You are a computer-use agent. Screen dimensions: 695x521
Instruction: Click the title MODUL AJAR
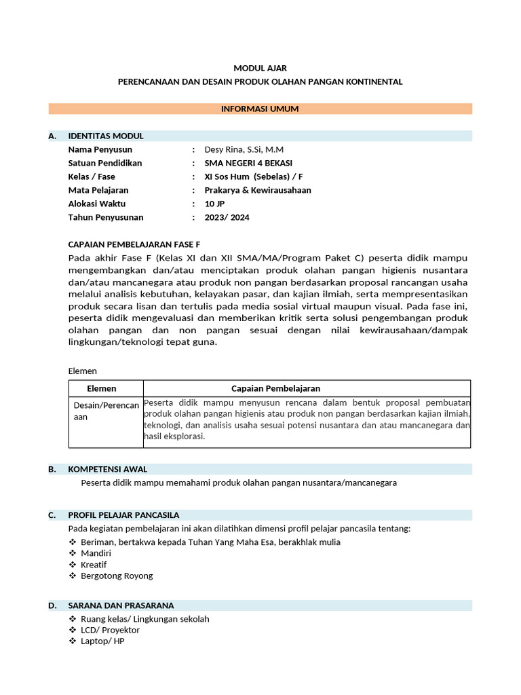(260, 68)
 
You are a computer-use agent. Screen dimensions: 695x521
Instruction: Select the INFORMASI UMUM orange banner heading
(260, 109)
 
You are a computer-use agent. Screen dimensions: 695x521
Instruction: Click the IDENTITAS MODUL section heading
(106, 136)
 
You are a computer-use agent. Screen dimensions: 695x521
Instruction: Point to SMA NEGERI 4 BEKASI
(248, 163)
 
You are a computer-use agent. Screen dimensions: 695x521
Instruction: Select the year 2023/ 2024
(227, 217)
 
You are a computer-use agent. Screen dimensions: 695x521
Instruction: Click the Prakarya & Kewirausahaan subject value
(258, 190)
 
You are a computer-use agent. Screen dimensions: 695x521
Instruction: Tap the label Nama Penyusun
(100, 149)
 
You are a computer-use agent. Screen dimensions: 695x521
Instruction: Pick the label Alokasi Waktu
(97, 204)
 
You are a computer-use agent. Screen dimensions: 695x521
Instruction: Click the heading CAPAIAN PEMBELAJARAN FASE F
(135, 244)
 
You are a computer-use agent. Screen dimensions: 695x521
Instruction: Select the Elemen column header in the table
(102, 388)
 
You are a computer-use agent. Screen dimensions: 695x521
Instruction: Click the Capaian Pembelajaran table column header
(275, 388)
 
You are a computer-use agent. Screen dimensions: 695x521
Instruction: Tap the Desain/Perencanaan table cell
(106, 411)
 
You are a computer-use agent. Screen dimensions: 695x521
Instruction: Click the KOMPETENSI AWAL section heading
(107, 469)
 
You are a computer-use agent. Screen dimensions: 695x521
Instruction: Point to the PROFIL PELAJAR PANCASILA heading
(123, 514)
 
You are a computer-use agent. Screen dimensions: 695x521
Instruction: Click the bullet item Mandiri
(95, 553)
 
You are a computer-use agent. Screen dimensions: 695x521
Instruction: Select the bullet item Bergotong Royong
(117, 576)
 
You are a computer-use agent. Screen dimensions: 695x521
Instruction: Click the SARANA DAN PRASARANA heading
(121, 605)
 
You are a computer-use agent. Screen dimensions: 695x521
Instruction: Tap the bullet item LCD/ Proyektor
(110, 630)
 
